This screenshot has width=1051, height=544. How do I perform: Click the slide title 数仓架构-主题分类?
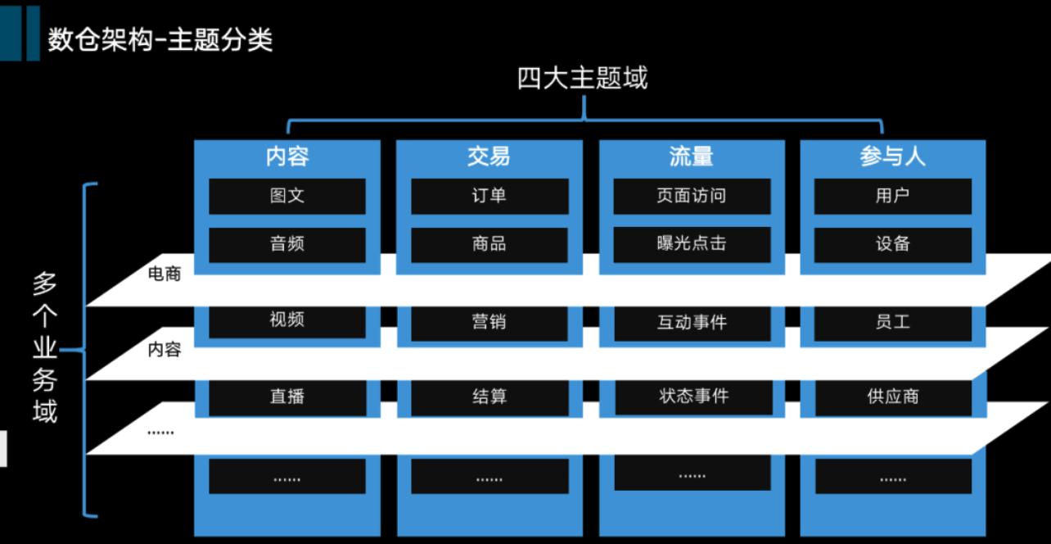pyautogui.click(x=160, y=39)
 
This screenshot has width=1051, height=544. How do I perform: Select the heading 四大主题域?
pyautogui.click(x=582, y=79)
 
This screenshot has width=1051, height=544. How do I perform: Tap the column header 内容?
pyautogui.click(x=287, y=156)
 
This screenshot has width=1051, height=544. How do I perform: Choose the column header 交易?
pyautogui.click(x=489, y=156)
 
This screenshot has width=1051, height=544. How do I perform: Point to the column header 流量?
pyautogui.click(x=692, y=156)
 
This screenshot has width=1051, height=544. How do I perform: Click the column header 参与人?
pyautogui.click(x=892, y=156)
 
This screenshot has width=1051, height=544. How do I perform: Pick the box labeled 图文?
pyautogui.click(x=287, y=197)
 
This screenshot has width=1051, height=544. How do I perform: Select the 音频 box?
pyautogui.click(x=287, y=244)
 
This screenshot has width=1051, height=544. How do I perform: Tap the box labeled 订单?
pyautogui.click(x=489, y=197)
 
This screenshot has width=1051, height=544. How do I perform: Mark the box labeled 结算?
pyautogui.click(x=489, y=397)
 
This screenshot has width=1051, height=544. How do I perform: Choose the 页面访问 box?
pyautogui.click(x=692, y=197)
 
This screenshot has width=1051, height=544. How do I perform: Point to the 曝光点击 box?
pyautogui.click(x=692, y=244)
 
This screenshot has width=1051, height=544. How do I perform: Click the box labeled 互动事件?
pyautogui.click(x=692, y=322)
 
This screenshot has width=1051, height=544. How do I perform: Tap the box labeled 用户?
pyautogui.click(x=892, y=197)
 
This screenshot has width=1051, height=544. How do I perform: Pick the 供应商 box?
pyautogui.click(x=892, y=397)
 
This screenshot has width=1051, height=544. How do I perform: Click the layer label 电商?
pyautogui.click(x=165, y=274)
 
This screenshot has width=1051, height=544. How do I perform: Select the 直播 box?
pyautogui.click(x=287, y=397)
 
